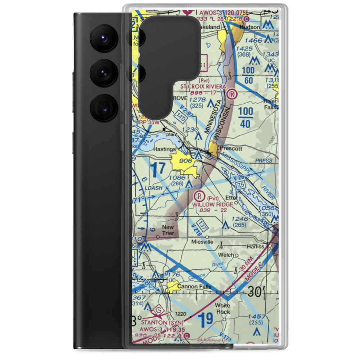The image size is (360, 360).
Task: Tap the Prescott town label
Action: click(231, 148)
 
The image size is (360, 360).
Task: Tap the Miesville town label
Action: click(202, 242)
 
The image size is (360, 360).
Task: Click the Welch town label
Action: click(226, 255)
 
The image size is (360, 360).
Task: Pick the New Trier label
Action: click(168, 230)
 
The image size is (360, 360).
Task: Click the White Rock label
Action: click(222, 309)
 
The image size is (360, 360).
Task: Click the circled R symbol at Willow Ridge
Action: click(198, 196)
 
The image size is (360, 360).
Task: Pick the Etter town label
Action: click(231, 198)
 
